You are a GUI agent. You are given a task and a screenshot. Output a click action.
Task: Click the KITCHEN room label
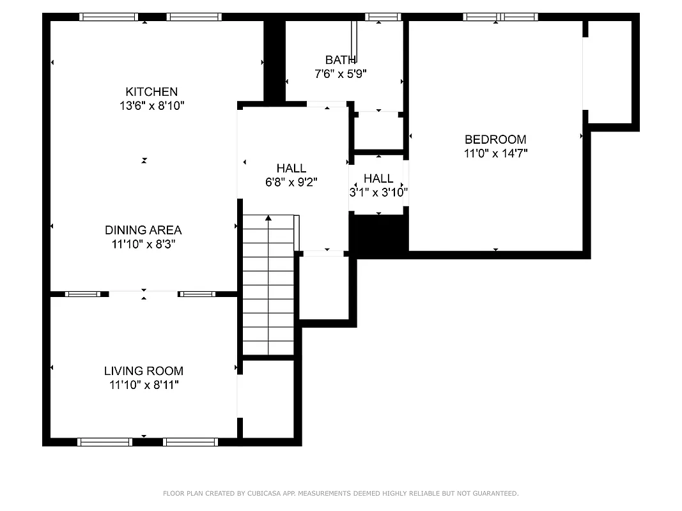click(x=151, y=92)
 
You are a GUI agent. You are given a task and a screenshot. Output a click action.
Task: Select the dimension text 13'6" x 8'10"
click(x=151, y=106)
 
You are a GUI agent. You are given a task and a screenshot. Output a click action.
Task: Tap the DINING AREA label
click(x=143, y=230)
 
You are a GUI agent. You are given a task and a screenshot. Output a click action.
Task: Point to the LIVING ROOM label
click(x=143, y=371)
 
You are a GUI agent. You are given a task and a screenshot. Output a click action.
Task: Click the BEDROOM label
click(x=495, y=139)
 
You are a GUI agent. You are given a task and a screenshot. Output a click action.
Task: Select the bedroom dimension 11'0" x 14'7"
click(x=495, y=153)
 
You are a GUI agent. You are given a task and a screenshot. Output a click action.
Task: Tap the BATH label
click(x=340, y=60)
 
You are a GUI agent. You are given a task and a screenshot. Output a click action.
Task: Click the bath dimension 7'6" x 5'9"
click(x=340, y=74)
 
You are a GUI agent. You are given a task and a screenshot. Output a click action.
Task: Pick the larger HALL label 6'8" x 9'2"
click(x=291, y=168)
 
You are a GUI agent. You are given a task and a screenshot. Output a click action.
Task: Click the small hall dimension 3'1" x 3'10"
click(x=378, y=192)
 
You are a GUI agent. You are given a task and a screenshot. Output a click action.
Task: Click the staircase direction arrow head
click(x=268, y=218)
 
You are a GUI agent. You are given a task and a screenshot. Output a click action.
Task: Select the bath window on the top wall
click(x=383, y=17)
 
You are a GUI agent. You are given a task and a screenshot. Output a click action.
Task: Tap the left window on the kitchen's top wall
click(x=109, y=17)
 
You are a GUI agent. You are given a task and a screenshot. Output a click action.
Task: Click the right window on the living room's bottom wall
click(x=190, y=442)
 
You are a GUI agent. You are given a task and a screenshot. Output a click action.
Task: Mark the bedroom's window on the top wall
click(x=500, y=17)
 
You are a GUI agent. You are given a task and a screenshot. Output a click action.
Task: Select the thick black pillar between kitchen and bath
click(x=274, y=61)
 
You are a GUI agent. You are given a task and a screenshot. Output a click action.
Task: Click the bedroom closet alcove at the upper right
click(x=608, y=70)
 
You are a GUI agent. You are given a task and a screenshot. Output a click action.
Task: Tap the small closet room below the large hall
click(x=324, y=287)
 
